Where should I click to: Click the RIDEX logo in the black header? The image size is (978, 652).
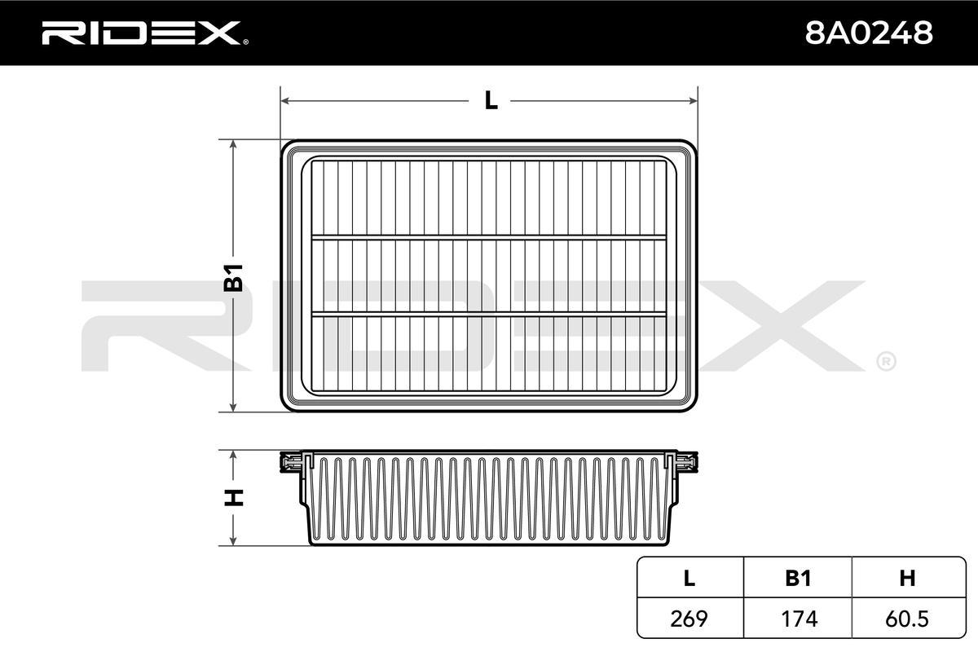pyautogui.click(x=145, y=33)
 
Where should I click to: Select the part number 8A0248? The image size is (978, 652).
pyautogui.click(x=869, y=33)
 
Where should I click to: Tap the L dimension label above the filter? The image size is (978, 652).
pyautogui.click(x=491, y=101)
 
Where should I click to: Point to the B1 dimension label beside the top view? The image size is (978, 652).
pyautogui.click(x=234, y=278)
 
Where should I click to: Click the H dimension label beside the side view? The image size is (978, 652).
pyautogui.click(x=234, y=498)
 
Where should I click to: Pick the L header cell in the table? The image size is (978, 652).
pyautogui.click(x=689, y=578)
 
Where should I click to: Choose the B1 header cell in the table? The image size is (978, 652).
pyautogui.click(x=798, y=578)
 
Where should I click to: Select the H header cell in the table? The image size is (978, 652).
pyautogui.click(x=907, y=578)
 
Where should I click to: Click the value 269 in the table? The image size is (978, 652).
pyautogui.click(x=689, y=619)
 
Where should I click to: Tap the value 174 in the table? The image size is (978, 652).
pyautogui.click(x=800, y=619)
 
